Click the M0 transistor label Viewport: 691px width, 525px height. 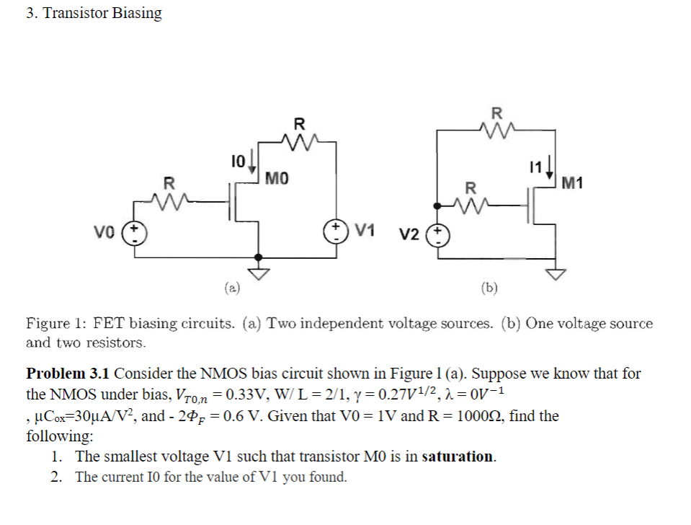(x=277, y=177)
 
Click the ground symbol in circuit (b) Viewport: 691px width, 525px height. (x=555, y=272)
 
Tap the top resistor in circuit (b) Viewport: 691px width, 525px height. (x=496, y=130)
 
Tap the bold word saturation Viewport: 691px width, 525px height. (x=458, y=456)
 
